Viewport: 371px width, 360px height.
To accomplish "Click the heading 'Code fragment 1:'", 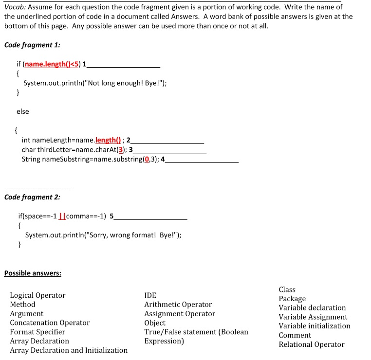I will coord(32,45).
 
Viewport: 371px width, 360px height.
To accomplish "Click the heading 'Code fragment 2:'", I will coord(32,197).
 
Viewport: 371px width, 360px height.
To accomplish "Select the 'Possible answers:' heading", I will coord(33,273).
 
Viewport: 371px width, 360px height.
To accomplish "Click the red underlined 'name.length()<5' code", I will coord(52,65).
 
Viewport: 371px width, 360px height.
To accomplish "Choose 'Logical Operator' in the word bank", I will coord(37,295).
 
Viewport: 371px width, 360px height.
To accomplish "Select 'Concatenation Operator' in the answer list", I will coord(50,323).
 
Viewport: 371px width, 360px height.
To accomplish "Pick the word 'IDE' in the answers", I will coord(150,295).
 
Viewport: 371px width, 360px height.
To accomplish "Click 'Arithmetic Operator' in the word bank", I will coord(178,305).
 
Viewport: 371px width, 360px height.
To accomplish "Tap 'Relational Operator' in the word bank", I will coord(311,344).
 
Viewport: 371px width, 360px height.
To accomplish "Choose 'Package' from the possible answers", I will coord(292,299).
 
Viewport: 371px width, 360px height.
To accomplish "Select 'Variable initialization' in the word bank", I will coord(314,326).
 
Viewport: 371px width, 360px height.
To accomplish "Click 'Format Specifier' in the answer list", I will coord(37,332).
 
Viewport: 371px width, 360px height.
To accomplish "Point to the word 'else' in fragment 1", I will coord(23,111).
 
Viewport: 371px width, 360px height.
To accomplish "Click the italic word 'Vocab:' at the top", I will coord(15,7).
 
